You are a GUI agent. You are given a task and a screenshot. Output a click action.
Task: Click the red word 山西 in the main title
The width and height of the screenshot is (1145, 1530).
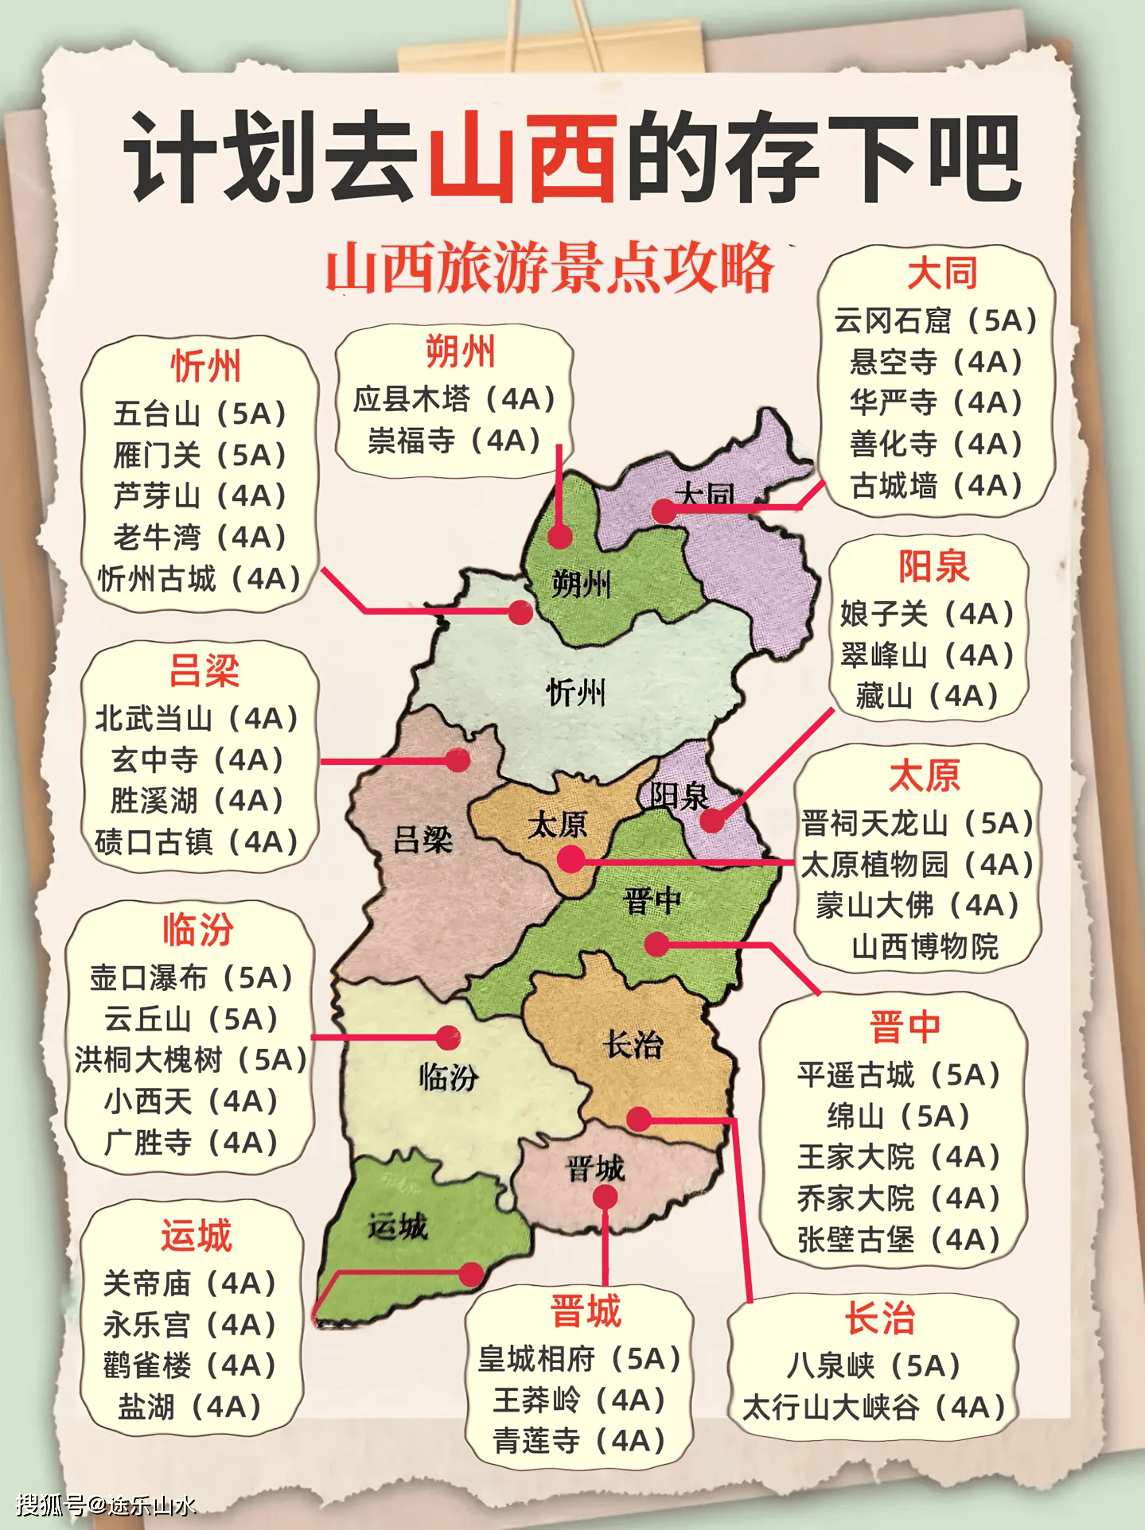coord(524,157)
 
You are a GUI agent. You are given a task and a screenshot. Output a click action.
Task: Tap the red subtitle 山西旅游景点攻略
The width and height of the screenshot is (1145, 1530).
coord(550,268)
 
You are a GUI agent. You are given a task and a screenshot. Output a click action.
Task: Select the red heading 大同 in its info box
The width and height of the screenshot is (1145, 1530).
coord(942,274)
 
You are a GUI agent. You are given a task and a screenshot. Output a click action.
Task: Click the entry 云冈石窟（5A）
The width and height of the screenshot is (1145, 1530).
coord(936,320)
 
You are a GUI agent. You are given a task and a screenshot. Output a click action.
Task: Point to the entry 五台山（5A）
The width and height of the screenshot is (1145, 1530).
coord(200,414)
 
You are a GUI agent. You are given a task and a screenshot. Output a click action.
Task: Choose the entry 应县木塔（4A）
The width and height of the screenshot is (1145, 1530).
coord(454,398)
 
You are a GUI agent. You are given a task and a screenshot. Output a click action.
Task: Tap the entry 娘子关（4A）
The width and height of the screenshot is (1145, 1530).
coord(928,614)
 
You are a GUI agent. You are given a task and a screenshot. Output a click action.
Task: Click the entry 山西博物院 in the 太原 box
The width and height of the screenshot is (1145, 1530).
coord(925,946)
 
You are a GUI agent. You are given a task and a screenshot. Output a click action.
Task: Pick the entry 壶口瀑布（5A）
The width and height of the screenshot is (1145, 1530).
coord(192,977)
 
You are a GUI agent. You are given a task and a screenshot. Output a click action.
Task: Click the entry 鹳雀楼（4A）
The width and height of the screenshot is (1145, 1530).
coord(189,1365)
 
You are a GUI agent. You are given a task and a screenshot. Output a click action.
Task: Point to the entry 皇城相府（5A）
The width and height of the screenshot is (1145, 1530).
coord(579,1359)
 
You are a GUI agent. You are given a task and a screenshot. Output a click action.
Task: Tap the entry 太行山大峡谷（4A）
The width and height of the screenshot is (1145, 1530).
coord(874,1408)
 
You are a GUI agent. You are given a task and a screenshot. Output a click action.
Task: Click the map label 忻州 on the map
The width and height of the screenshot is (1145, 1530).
coord(576,693)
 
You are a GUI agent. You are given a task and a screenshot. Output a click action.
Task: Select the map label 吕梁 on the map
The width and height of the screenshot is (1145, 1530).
coord(423,839)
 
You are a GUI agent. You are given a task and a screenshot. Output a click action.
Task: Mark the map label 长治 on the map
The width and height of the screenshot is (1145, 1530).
coord(633,1044)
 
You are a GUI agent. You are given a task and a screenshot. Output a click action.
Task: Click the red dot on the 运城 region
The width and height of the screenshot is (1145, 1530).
coord(471,1274)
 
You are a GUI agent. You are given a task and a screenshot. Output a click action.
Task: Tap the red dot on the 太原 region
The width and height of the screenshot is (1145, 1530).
coord(571,860)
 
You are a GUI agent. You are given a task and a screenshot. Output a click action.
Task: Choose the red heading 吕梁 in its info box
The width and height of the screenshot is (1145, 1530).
coord(204,671)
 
